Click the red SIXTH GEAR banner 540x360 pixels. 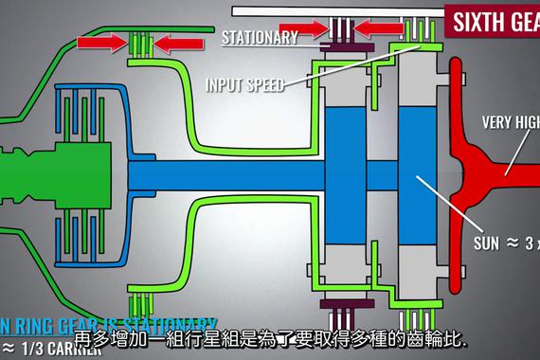493,21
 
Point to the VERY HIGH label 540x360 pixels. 510,120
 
